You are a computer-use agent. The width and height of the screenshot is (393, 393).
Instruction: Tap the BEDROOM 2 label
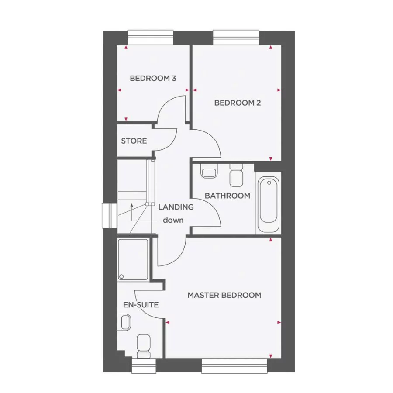pos(237,103)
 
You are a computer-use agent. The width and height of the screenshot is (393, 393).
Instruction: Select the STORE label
pos(134,141)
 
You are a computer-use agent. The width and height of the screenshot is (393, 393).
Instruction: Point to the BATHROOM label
pos(228,196)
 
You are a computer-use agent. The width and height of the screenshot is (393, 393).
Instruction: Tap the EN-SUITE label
pos(140,305)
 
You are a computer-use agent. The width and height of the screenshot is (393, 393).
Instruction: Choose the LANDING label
pos(176,207)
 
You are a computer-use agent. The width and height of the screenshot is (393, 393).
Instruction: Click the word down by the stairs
pos(173,220)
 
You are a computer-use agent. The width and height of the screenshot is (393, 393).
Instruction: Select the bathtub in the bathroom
pos(268,204)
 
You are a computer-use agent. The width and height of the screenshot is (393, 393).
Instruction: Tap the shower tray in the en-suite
pos(133,259)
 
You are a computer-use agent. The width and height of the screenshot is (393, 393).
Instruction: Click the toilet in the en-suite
pos(143,344)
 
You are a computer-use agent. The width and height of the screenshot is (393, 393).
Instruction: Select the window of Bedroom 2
pos(236,37)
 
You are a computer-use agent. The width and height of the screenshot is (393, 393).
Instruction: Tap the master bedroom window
pos(234,366)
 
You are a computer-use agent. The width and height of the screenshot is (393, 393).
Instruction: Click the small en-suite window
pos(144,366)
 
